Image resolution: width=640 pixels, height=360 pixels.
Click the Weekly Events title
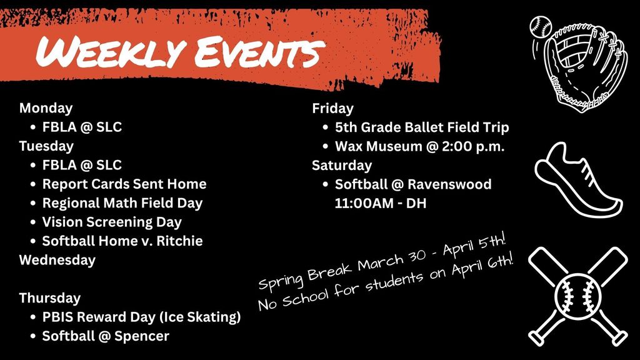177,52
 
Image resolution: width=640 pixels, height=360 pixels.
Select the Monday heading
46,108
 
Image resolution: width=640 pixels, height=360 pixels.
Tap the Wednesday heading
57,260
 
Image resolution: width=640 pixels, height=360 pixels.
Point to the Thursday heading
50,297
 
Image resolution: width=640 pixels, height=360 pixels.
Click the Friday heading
332,108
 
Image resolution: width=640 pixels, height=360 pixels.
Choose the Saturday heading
342,165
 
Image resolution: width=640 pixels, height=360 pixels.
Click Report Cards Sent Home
124,184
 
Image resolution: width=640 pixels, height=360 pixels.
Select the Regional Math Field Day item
122,203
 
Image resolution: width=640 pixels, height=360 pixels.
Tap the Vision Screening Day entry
112,222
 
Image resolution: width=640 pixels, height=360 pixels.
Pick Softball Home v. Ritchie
122,241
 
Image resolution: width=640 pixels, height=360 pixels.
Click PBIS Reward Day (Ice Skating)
141,317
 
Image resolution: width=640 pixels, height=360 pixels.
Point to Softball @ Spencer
106,336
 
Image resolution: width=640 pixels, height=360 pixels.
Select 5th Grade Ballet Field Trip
422,127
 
